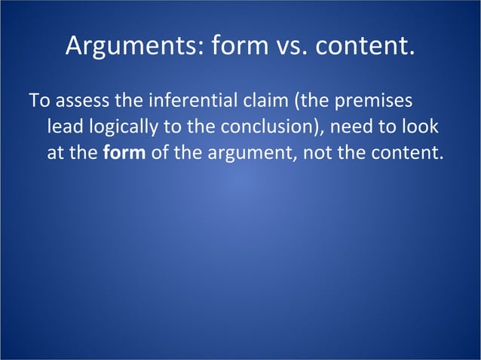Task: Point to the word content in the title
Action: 366,47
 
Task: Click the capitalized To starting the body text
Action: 38,100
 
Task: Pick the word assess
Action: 77,100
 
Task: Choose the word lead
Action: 63,127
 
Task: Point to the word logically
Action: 118,127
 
